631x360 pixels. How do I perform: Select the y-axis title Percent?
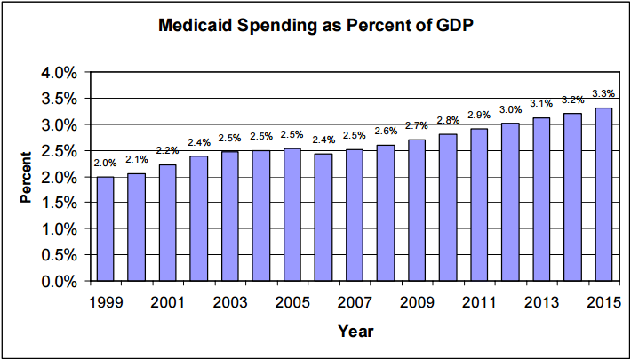point(27,177)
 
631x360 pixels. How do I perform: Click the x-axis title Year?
point(355,332)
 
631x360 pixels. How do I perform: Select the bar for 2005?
point(292,214)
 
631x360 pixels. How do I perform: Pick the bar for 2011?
point(478,204)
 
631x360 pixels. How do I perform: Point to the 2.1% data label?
point(136,159)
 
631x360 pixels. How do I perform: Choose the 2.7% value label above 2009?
point(416,126)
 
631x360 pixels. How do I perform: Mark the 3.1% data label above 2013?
point(540,104)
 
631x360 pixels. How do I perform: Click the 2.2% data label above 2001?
point(167,150)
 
